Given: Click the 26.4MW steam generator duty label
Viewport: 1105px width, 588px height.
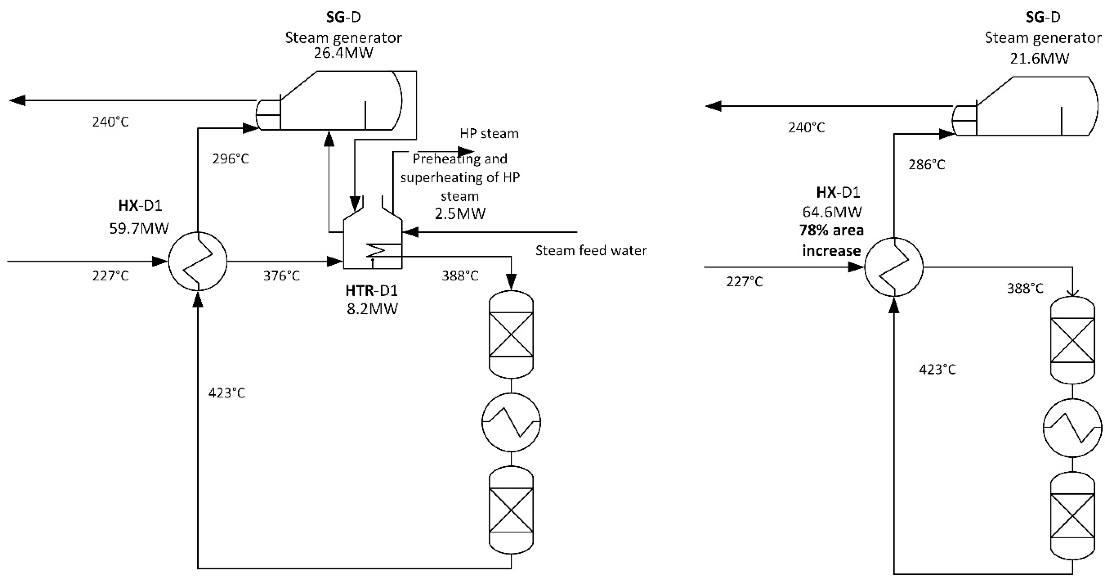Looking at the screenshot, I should coord(343,53).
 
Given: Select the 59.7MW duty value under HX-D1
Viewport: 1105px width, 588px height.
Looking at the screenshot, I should coord(139,228).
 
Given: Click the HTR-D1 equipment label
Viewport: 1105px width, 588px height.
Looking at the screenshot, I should coord(371,291).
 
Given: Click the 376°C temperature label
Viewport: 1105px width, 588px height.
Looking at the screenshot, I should coord(281,276).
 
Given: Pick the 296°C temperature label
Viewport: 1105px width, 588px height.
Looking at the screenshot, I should coord(230,159).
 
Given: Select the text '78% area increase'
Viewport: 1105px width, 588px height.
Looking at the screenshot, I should coord(831,240).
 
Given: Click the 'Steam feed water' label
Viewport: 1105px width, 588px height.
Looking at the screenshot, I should coord(591,250).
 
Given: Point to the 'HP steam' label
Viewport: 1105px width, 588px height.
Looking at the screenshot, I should coord(489,133).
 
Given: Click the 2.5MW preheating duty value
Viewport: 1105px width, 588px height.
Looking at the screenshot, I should coord(460,214).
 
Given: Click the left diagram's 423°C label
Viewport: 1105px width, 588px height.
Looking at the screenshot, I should coord(227,393).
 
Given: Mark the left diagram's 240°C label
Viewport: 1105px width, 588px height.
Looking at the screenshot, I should coord(110,122).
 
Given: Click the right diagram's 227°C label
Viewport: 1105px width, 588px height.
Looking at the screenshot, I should coord(744,282).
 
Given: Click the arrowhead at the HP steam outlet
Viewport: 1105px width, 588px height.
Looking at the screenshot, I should coord(466,151).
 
